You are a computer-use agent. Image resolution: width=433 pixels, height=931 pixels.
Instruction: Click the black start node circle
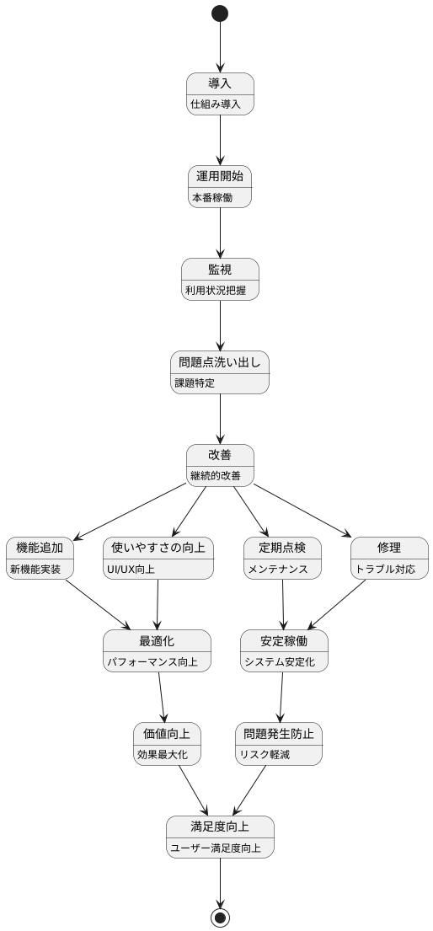point(220,13)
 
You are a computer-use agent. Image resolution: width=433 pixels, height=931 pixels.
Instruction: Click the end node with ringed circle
point(220,917)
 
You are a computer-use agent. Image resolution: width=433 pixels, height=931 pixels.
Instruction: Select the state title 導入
point(220,83)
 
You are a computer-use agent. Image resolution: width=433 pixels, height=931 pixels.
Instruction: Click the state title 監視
point(220,270)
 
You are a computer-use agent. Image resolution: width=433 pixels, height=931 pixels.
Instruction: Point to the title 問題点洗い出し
point(220,362)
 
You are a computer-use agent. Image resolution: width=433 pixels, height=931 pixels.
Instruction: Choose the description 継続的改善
point(215,476)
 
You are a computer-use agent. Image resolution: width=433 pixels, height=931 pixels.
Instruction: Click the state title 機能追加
point(40,548)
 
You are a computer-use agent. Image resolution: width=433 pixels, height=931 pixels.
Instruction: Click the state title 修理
point(389,548)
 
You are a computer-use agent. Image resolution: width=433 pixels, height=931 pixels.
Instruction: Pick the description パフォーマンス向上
point(152,661)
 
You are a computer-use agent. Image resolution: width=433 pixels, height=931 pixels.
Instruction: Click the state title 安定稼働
point(284,641)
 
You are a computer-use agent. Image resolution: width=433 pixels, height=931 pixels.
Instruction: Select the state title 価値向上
point(168,733)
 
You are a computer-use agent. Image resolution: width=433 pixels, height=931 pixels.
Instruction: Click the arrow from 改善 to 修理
point(302,510)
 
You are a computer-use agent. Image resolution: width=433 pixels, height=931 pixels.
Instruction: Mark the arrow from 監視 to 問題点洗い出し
point(220,324)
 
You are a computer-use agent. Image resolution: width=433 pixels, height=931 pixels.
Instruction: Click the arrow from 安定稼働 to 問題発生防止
point(282,697)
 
